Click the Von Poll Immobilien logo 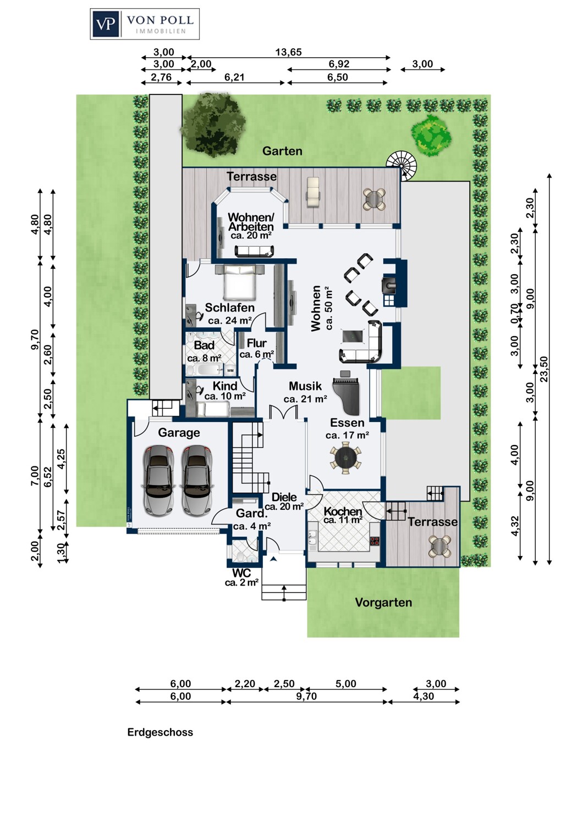coord(145,24)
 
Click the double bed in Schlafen coord(239,282)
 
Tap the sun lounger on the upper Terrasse coord(313,192)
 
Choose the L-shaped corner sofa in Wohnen coord(362,342)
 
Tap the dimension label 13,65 coord(288,52)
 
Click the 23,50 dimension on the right coord(543,369)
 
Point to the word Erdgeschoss coord(160,732)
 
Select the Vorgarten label coord(383,602)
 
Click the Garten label coord(282,151)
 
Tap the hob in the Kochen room coord(375,541)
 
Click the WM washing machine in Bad coord(230,370)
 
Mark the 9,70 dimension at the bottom coord(306,697)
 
